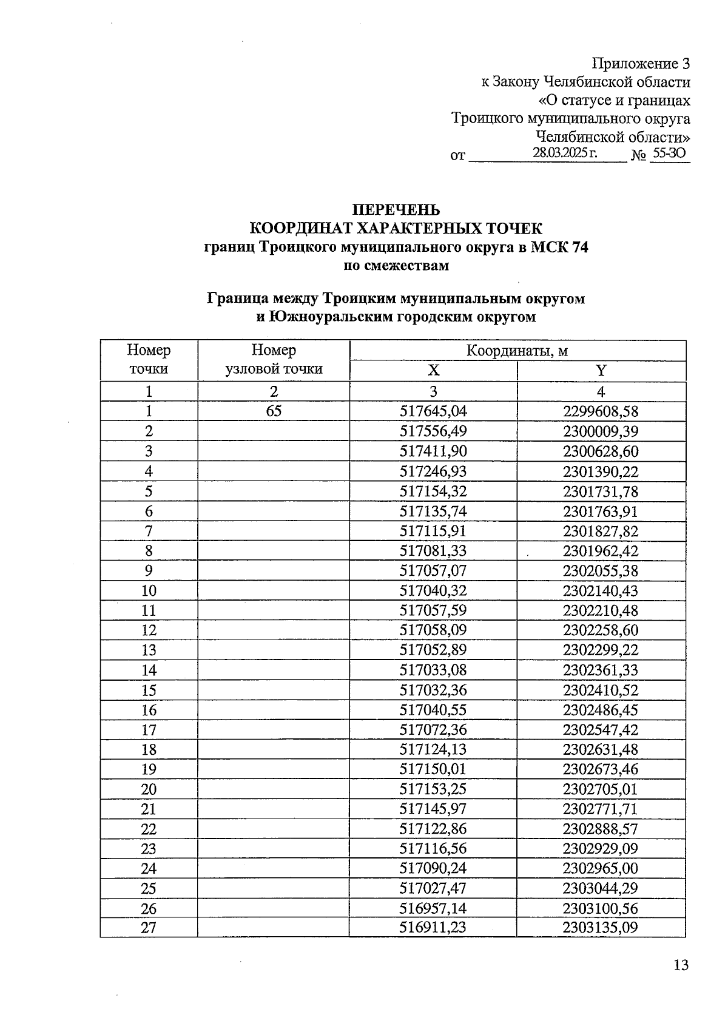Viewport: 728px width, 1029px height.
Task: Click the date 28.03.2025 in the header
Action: [x=565, y=153]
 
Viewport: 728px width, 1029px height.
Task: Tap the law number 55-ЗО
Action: [x=668, y=154]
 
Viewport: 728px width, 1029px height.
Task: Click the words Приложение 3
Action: [x=641, y=64]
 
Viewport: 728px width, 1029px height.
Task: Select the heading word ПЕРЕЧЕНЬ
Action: [x=396, y=210]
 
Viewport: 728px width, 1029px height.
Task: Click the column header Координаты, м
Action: [x=517, y=351]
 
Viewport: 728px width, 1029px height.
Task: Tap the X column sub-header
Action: [x=433, y=371]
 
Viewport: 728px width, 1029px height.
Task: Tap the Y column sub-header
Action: [x=601, y=371]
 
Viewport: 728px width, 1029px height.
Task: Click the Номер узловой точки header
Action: [x=274, y=360]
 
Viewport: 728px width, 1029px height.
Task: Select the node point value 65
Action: [x=274, y=411]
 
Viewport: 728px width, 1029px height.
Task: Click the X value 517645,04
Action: [x=433, y=411]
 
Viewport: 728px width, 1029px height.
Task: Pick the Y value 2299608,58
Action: [x=601, y=411]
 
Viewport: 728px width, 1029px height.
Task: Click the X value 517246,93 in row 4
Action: [x=433, y=471]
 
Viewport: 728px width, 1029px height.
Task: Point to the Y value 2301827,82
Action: [x=601, y=531]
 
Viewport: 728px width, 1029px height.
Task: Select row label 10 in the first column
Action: [x=149, y=591]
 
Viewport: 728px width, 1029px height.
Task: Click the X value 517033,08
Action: [x=433, y=670]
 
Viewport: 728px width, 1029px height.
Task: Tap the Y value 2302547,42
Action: [x=601, y=729]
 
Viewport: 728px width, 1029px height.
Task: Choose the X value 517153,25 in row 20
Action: [x=433, y=789]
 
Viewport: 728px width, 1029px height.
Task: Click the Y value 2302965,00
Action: [x=601, y=868]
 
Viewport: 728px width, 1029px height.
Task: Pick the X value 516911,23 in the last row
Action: [x=433, y=927]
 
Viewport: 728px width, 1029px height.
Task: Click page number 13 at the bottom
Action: [x=681, y=965]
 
